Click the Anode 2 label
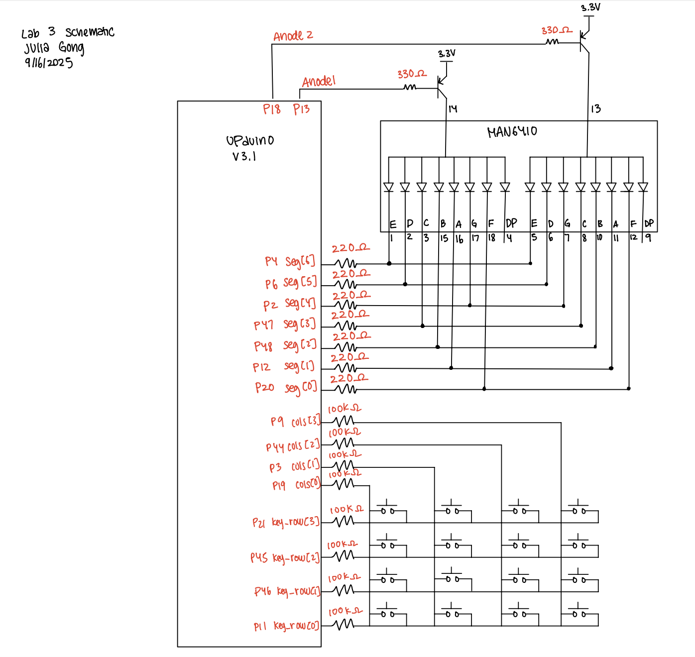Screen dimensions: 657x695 293,36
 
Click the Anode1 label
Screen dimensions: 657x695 319,82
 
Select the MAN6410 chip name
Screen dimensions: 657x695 512,132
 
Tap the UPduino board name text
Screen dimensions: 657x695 250,141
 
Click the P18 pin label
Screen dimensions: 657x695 272,109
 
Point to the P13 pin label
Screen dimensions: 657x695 301,109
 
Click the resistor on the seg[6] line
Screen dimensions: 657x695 345,263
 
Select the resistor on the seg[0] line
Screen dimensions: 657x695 344,389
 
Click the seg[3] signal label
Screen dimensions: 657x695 300,324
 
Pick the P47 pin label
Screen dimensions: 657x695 263,326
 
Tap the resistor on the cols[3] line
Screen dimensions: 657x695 343,422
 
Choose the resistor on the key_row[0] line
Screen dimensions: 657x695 344,625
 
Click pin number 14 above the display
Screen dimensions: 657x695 453,109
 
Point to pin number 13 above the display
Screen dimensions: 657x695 595,109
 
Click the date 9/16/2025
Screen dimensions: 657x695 49,63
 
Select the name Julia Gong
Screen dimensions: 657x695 54,48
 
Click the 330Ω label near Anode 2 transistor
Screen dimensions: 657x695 557,31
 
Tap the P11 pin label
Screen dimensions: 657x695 260,627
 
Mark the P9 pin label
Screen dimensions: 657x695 277,422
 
